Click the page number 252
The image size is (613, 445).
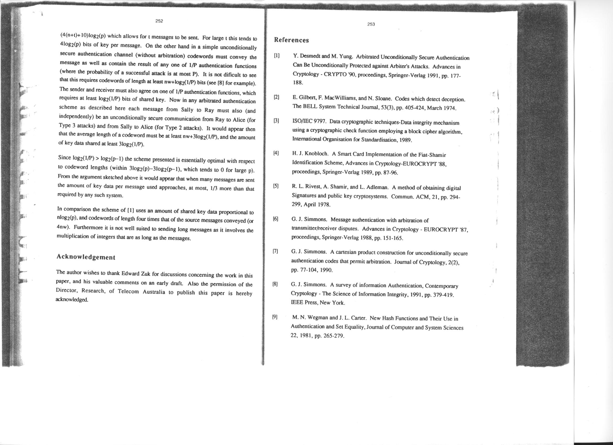[159, 21]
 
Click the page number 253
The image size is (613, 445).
[371, 24]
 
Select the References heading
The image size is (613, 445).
[291, 40]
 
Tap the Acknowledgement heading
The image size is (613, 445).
[86, 257]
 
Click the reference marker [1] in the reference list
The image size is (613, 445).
[276, 56]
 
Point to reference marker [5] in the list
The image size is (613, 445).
[276, 186]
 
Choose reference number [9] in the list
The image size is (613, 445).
[275, 317]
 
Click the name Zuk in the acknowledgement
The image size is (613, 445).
[146, 273]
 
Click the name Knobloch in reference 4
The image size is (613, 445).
[317, 154]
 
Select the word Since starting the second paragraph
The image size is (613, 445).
[64, 157]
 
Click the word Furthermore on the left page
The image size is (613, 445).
[87, 227]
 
